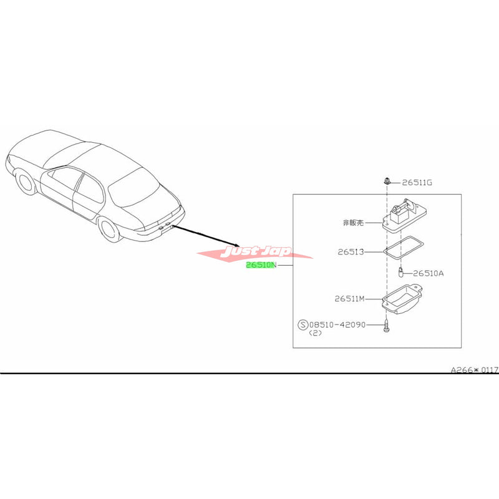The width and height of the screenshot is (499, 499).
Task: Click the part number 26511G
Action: pyautogui.click(x=417, y=182)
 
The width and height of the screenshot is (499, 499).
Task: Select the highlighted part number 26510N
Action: pyautogui.click(x=264, y=265)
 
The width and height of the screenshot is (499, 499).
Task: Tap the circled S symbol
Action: pyautogui.click(x=304, y=324)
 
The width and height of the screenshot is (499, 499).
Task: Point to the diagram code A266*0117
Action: pyautogui.click(x=474, y=370)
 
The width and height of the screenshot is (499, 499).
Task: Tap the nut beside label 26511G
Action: pyautogui.click(x=387, y=182)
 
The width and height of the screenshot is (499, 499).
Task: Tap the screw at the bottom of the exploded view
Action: pyautogui.click(x=387, y=326)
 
